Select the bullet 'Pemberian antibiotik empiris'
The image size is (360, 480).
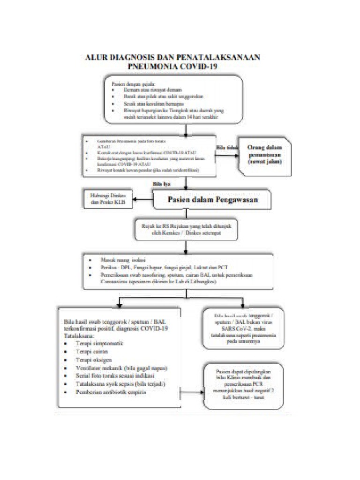[111, 392]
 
